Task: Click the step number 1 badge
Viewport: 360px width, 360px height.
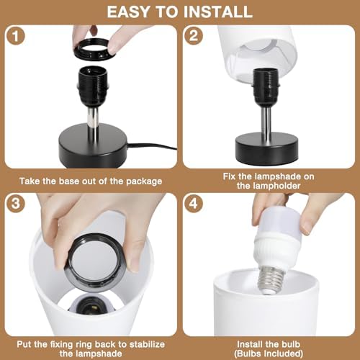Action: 15,36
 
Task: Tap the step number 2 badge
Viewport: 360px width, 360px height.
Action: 194,36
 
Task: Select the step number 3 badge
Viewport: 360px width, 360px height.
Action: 15,204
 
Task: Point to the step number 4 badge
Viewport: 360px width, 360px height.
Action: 194,204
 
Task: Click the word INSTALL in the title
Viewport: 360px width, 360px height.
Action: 217,12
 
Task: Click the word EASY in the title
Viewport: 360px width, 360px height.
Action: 128,12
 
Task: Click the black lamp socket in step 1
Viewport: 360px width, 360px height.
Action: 94,86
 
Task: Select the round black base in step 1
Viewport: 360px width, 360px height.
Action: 93,145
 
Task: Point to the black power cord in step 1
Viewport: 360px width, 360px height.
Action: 152,146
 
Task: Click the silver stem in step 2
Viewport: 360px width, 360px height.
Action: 266,121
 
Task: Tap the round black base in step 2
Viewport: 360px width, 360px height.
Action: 266,149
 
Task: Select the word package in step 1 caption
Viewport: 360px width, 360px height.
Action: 144,181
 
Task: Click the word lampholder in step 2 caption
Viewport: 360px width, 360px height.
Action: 269,186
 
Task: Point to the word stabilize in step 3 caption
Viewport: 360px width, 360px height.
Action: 147,344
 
